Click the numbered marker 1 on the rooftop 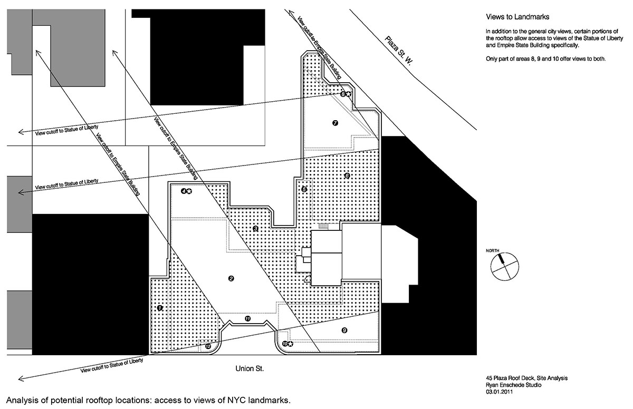[x=160, y=307]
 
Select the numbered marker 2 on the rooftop [x=231, y=278]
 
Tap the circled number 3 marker [x=255, y=229]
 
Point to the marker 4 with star [x=186, y=191]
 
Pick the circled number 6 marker [x=347, y=176]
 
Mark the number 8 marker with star [x=345, y=94]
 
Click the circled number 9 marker [x=344, y=330]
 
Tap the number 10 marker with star [x=287, y=344]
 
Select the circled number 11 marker [x=247, y=318]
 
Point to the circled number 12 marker [x=208, y=346]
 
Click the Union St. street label [x=250, y=369]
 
